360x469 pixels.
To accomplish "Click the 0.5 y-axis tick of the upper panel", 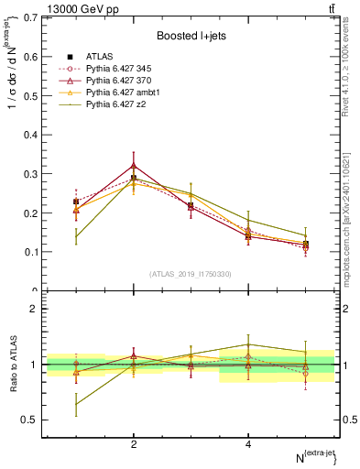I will coord(29,95).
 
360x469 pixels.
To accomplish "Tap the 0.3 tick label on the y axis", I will coord(29,173).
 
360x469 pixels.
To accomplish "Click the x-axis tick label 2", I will coord(134,444).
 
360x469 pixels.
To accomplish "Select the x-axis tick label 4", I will coord(248,444).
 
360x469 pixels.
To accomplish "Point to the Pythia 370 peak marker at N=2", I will coord(134,166).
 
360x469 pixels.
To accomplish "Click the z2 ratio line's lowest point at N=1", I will coord(76,403).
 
